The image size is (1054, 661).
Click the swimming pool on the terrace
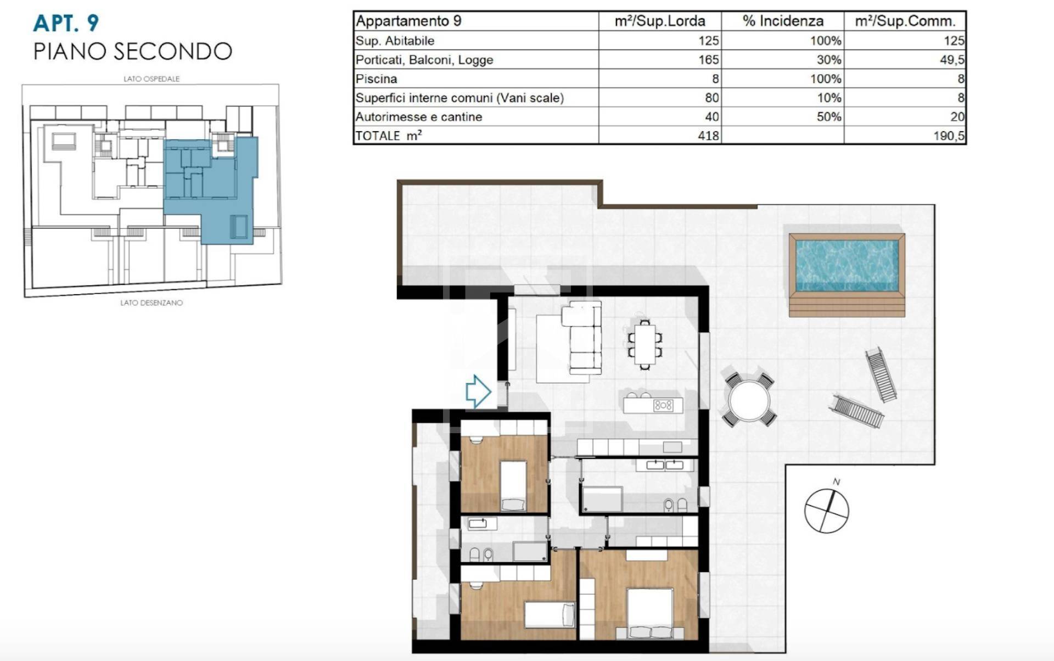(847, 275)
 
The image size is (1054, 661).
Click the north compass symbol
(827, 510)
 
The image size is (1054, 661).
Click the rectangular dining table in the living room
(645, 344)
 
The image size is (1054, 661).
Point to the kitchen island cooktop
(663, 406)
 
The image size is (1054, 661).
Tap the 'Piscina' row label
(376, 79)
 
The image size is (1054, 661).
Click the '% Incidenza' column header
(783, 21)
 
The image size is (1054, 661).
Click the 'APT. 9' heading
(66, 23)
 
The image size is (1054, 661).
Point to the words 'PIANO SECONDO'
(133, 51)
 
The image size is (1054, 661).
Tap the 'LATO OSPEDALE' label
(152, 79)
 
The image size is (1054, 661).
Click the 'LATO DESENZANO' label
(152, 303)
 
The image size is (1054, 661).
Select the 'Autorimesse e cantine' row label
(419, 117)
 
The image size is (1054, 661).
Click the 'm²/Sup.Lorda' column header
(660, 21)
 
